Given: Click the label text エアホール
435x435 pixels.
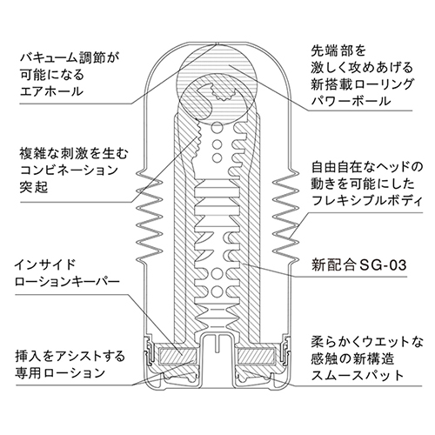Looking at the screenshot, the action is pyautogui.click(x=51, y=91).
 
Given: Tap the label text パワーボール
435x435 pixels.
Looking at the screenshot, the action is pyautogui.click(x=351, y=101).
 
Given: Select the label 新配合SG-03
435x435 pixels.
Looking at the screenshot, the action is pyautogui.click(x=358, y=265).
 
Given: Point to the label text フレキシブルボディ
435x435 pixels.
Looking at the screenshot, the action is pyautogui.click(x=366, y=200).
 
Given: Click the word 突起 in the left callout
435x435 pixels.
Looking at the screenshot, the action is pyautogui.click(x=34, y=188).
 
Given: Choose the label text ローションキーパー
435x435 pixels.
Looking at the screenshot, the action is pyautogui.click(x=67, y=281).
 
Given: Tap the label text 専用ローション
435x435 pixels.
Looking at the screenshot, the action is pyautogui.click(x=60, y=372).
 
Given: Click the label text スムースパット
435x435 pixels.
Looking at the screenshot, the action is pyautogui.click(x=358, y=376).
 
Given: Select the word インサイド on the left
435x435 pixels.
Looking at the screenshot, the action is pyautogui.click(x=45, y=264).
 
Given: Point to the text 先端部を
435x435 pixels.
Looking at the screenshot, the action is pyautogui.click(x=338, y=51).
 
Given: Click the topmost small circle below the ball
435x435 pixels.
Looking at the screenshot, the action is pyautogui.click(x=217, y=127).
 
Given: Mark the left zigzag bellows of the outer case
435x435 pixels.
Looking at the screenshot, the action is pyautogui.click(x=150, y=217).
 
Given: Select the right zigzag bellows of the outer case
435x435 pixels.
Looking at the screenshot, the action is pyautogui.click(x=285, y=217).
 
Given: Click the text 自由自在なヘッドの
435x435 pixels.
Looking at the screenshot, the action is pyautogui.click(x=367, y=167).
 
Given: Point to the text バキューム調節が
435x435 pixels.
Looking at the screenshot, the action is pyautogui.click(x=70, y=57).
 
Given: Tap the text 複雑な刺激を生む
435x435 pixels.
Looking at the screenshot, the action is pyautogui.click(x=74, y=154).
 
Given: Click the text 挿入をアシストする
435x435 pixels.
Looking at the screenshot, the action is pyautogui.click(x=70, y=356).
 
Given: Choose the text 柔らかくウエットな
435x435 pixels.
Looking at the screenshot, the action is pyautogui.click(x=367, y=342).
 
